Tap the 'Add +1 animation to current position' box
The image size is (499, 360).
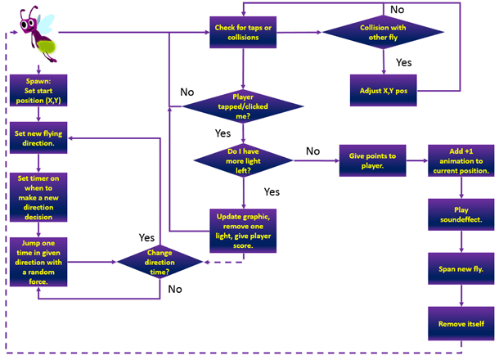point(458,160)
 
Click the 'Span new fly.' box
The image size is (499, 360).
point(458,269)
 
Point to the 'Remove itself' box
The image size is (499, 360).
point(458,324)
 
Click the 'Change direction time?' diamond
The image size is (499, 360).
point(160,263)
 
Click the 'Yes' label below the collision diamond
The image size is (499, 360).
point(403,62)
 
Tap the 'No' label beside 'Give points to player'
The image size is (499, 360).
point(312,151)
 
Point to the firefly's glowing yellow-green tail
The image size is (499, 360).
point(53,43)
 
